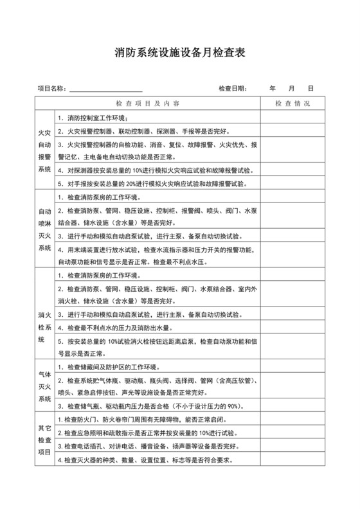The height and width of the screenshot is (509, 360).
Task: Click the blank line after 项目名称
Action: pyautogui.click(x=106, y=88)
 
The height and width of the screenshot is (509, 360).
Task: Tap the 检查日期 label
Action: pyautogui.click(x=232, y=87)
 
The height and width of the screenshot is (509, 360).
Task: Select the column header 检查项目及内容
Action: pyautogui.click(x=147, y=103)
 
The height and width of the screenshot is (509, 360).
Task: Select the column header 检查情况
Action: pyautogui.click(x=292, y=103)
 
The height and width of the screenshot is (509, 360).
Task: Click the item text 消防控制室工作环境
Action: pyautogui.click(x=96, y=118)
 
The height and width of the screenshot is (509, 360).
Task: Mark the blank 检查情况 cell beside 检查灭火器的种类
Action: pyautogui.click(x=292, y=461)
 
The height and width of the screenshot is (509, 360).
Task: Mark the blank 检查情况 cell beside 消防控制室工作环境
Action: pyautogui.click(x=292, y=118)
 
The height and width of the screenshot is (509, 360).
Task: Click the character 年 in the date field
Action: pyautogui.click(x=273, y=87)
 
